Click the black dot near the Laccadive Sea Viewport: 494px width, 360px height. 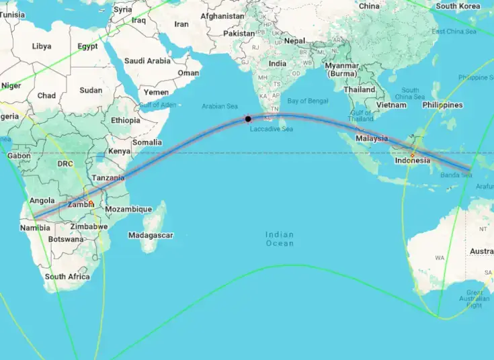click(248, 119)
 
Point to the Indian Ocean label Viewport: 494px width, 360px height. click(280, 238)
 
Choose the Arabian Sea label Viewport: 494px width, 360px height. click(220, 106)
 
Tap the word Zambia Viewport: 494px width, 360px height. click(81, 204)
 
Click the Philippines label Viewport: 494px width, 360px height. click(442, 105)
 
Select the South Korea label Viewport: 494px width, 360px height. click(458, 6)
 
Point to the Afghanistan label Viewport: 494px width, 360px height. click(222, 15)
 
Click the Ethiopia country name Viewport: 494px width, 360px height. click(126, 120)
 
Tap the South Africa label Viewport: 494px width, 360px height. click(67, 277)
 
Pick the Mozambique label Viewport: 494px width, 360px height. click(128, 210)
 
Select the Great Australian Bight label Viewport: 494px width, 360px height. click(475, 298)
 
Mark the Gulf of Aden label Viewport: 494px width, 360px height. click(158, 105)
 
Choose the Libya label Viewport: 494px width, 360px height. click(41, 46)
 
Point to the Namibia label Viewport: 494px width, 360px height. click(34, 228)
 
